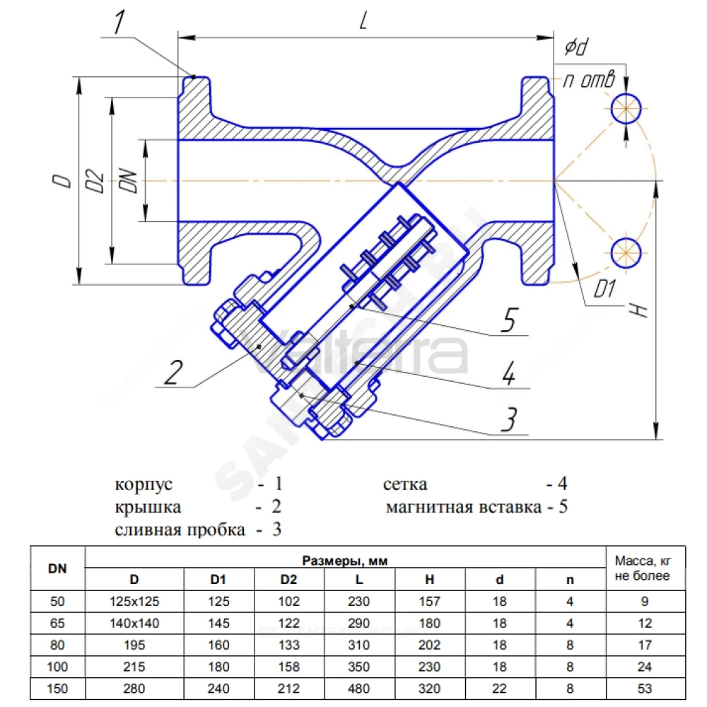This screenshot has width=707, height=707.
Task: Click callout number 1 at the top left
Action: click(119, 22)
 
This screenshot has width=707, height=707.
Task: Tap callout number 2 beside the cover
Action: click(174, 373)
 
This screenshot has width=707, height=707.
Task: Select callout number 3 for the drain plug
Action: click(509, 419)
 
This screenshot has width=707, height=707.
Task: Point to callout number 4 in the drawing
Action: click(508, 373)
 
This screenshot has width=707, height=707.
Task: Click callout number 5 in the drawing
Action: click(510, 320)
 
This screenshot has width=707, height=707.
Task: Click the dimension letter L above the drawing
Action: click(363, 21)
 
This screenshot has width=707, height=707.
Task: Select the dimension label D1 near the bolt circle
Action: click(604, 289)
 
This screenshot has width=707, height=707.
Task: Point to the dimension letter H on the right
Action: click(639, 310)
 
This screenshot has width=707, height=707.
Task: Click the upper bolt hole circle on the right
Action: click(626, 108)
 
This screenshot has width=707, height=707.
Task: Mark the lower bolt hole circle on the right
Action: click(626, 252)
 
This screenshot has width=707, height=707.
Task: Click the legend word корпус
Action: click(144, 484)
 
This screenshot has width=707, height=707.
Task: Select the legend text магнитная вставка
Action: click(464, 507)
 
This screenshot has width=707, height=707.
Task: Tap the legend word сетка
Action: click(405, 484)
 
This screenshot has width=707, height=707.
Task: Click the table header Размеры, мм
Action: click(345, 561)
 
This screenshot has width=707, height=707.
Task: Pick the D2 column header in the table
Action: click(288, 580)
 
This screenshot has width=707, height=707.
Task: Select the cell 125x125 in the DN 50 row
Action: click(134, 601)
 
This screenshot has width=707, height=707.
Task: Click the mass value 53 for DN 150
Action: click(645, 689)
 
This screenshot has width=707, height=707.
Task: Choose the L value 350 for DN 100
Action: click(359, 667)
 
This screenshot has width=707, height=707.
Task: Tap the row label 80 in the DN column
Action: click(57, 645)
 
